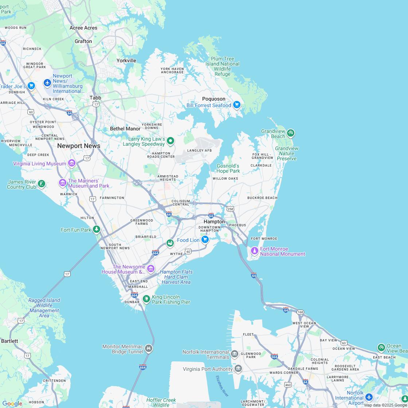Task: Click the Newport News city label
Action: coord(79,146)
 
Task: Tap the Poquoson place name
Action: coord(214,99)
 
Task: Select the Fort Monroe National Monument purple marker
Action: coord(255,251)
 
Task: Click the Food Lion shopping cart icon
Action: coord(205,239)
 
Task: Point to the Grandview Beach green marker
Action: coord(290,133)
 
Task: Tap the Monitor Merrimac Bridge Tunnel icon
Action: coord(148,349)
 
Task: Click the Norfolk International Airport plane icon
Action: coord(369,397)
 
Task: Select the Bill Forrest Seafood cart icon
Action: coord(237,105)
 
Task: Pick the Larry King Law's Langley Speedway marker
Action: coord(170,141)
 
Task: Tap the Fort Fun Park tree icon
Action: coord(97,229)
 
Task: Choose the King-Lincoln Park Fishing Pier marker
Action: coord(146,299)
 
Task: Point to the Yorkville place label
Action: coord(126,60)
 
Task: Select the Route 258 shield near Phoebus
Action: coord(230,209)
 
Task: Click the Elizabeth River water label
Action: coord(222,386)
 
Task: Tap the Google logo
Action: coord(12,403)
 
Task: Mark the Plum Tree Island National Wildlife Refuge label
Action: coord(222,66)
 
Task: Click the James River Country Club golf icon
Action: coord(42,184)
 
